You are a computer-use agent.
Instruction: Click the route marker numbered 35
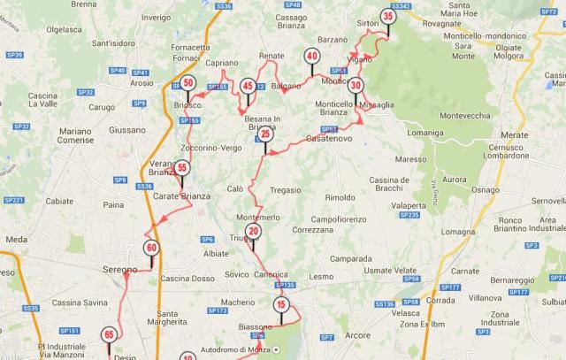[x=388, y=16]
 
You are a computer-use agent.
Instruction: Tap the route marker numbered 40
[x=311, y=56]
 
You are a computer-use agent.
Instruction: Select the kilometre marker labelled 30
[x=356, y=86]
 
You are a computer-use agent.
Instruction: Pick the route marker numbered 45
[x=248, y=86]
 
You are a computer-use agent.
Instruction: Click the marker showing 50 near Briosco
[x=188, y=84]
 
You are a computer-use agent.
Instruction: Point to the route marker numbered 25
[x=264, y=134]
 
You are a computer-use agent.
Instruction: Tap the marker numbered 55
[x=181, y=167]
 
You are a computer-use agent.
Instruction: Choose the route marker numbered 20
[x=253, y=232]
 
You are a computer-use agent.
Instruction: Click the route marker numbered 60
[x=152, y=249]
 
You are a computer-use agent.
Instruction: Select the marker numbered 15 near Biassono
[x=280, y=305]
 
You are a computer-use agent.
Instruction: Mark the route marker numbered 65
[x=109, y=335]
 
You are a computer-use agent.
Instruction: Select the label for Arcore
[x=358, y=335]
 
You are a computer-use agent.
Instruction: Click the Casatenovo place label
[x=329, y=140]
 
